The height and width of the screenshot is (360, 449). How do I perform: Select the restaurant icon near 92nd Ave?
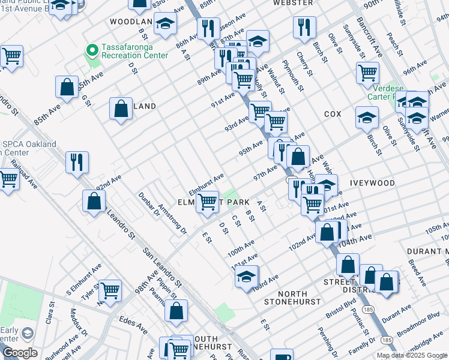[77, 161]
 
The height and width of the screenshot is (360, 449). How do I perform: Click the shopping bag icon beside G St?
[67, 87]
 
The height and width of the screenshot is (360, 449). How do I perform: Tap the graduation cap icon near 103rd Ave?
[246, 277]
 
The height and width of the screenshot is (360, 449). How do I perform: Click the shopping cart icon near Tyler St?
[110, 291]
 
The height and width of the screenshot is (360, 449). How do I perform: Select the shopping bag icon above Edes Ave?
[176, 311]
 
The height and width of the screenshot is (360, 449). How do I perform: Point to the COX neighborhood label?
[333, 114]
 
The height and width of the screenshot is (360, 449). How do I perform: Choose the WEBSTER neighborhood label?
[293, 3]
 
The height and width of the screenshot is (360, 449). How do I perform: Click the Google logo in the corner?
[20, 353]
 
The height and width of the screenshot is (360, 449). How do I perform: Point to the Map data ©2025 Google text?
[412, 355]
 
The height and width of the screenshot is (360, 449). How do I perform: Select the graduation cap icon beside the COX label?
[367, 118]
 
